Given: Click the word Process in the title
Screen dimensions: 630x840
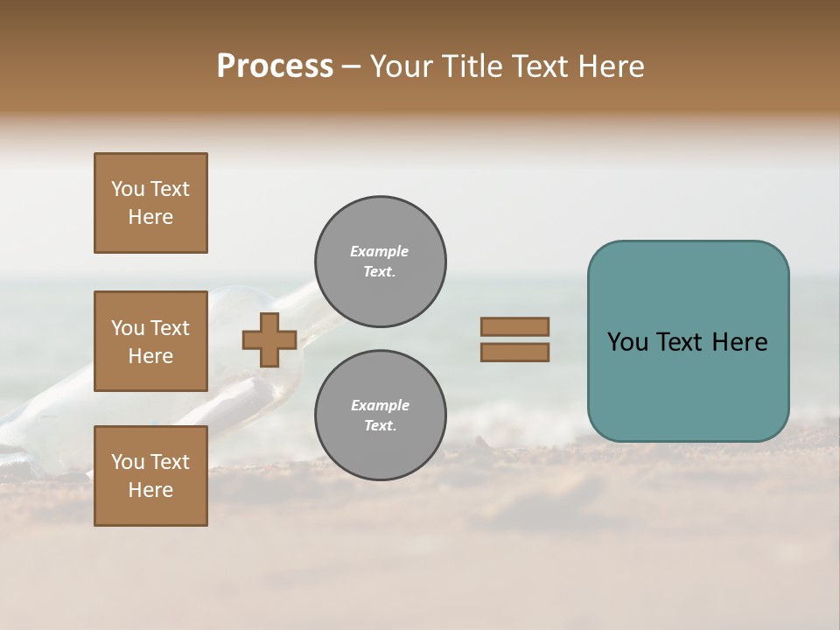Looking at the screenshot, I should tap(275, 66).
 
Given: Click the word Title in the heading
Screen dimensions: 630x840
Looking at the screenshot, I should tap(473, 66).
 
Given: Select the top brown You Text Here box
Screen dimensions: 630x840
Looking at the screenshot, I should tap(150, 203).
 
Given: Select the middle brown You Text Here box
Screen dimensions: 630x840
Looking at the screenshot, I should tap(150, 341).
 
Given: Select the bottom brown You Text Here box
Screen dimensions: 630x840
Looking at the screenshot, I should tap(150, 476).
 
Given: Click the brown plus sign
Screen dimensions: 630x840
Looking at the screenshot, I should tap(269, 340).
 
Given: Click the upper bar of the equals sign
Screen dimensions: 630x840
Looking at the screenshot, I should tap(514, 327).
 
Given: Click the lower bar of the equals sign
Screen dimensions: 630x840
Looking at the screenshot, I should tap(514, 352).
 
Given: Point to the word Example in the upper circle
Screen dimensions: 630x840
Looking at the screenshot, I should tap(379, 251).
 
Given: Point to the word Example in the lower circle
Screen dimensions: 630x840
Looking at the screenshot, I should tap(380, 405).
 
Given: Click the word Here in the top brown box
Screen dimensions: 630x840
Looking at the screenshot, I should tap(150, 217).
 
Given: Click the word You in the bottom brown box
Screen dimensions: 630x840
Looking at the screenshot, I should tap(128, 462).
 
